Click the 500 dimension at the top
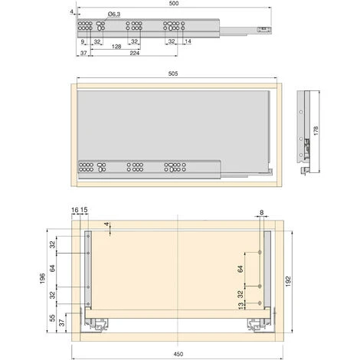pos(174,3)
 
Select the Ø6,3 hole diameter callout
pos(114,15)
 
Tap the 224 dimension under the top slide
pos(135,53)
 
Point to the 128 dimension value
pos(116,47)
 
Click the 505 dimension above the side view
pos(173,74)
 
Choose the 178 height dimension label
pos(316,131)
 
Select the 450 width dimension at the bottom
pos(178,354)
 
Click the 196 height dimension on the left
pos(43,278)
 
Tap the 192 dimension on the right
pos(288,281)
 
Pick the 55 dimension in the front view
pos(52,318)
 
